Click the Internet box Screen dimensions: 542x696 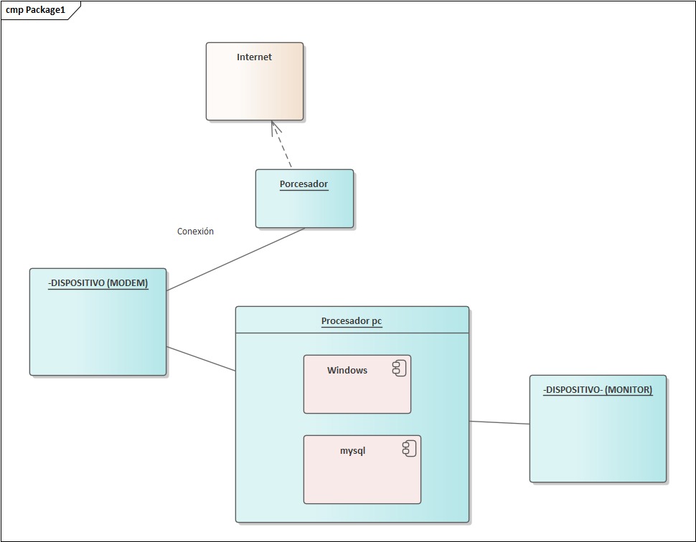tap(254, 86)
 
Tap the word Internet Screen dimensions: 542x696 tap(254, 57)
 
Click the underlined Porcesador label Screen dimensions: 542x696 tap(304, 184)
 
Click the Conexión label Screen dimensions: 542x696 tap(195, 232)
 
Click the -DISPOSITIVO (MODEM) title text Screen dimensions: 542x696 tap(98, 283)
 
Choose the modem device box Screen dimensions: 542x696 tap(98, 330)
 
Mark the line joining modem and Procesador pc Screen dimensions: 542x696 tap(201, 359)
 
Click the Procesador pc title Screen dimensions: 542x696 tap(352, 321)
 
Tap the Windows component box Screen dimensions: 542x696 tap(357, 394)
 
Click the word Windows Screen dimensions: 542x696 tap(347, 371)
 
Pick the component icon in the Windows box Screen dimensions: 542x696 tap(400, 369)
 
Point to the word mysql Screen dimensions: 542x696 tap(353, 451)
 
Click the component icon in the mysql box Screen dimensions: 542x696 tap(409, 449)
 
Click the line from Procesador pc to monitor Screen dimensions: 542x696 tap(499, 423)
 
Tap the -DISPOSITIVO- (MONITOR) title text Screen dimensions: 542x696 tap(598, 390)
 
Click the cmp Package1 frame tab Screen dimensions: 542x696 tap(36, 10)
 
